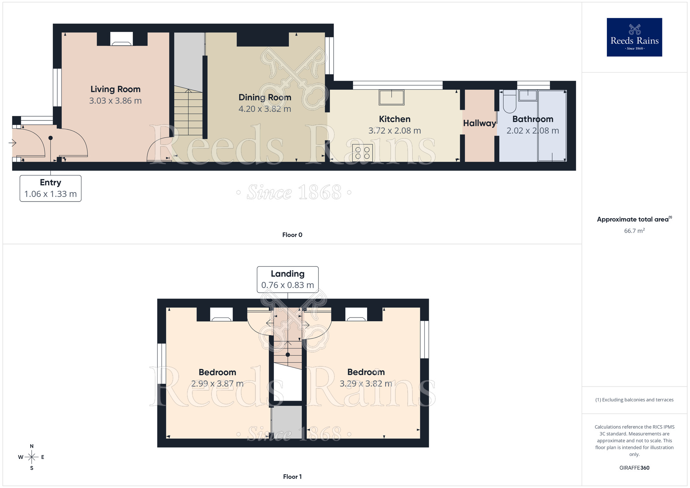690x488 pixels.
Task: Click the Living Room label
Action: (115, 89)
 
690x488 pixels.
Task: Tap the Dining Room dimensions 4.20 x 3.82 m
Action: (265, 109)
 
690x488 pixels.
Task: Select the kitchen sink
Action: (391, 97)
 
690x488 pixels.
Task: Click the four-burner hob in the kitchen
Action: (362, 153)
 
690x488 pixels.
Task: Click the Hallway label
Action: (479, 123)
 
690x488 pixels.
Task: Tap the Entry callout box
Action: (50, 188)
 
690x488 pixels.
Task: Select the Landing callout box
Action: (287, 280)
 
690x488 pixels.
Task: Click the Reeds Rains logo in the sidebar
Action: (634, 37)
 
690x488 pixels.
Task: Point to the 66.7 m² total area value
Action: (634, 231)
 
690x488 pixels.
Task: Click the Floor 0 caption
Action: (292, 235)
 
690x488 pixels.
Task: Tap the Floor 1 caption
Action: (292, 477)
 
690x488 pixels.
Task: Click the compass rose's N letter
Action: (32, 446)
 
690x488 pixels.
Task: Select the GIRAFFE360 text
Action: (634, 468)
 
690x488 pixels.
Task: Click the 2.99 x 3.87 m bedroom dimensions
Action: (217, 384)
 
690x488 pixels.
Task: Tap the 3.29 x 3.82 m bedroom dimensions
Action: (366, 384)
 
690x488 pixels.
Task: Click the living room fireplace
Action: (121, 39)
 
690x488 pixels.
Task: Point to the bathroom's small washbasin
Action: (528, 96)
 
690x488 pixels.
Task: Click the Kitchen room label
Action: (394, 119)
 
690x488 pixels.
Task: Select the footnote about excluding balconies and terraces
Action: (634, 400)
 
